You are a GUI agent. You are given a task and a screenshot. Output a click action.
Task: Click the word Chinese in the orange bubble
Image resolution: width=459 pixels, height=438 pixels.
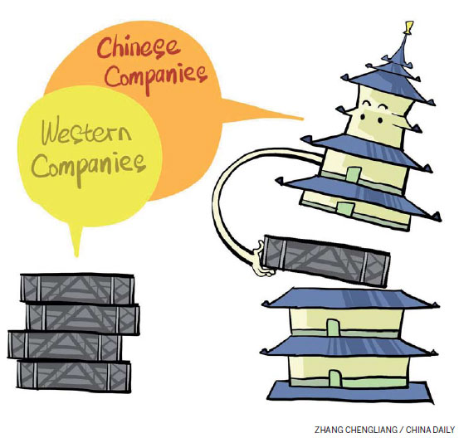coord(138,48)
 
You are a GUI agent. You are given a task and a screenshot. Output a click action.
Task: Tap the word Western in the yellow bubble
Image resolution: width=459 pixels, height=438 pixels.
coord(86,131)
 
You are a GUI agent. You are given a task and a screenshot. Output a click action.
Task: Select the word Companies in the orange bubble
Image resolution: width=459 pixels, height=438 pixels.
coord(156,76)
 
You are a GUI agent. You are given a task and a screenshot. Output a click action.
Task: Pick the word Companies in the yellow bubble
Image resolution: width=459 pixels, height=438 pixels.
coord(89,168)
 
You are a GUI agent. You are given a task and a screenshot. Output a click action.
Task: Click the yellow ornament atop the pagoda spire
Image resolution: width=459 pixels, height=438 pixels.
coord(408,27)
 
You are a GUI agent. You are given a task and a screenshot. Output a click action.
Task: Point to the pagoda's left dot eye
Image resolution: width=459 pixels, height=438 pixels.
coord(363,117)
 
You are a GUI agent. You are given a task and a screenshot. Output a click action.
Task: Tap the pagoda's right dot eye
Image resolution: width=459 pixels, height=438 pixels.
coord(380,120)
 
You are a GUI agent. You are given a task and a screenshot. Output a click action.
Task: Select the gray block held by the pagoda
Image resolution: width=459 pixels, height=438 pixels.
coord(326,260)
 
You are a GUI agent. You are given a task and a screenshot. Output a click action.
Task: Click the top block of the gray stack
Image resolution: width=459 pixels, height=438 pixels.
coord(77,289)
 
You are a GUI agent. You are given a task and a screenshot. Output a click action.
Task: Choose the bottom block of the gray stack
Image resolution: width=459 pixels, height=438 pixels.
coord(74,376)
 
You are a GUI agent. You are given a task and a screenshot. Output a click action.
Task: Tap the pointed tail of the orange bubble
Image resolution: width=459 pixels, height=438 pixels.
coord(301,119)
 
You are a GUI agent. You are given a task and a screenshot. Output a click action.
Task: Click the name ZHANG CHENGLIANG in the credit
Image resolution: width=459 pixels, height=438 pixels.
coord(356,430)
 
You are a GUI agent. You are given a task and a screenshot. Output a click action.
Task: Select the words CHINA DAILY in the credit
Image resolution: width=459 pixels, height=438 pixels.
coord(430,430)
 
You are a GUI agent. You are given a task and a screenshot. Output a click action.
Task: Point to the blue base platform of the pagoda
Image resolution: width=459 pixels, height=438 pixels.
coord(349,392)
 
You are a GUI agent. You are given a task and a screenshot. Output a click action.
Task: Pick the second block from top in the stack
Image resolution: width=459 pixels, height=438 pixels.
coord(82,319)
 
